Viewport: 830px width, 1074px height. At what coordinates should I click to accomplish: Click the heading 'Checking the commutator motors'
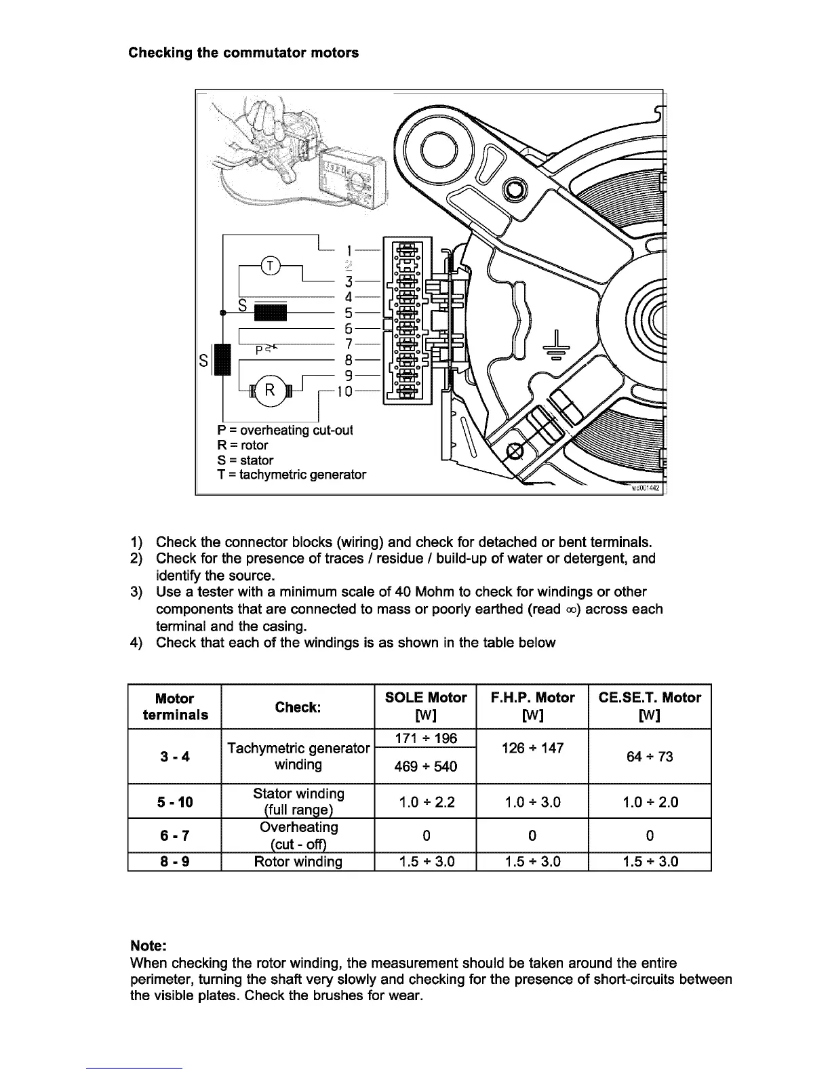coord(243,52)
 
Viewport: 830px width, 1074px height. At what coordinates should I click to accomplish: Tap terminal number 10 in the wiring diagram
coord(345,391)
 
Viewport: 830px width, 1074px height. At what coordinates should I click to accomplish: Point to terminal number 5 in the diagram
coord(347,313)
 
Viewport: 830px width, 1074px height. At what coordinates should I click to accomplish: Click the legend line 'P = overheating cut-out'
coord(285,431)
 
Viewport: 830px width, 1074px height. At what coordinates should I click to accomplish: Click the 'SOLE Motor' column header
coord(425,698)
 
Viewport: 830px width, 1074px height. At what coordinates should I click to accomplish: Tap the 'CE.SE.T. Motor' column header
coord(650,698)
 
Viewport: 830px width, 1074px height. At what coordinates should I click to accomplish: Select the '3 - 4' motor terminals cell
coord(175,756)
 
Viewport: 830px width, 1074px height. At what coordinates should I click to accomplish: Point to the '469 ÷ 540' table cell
coord(425,766)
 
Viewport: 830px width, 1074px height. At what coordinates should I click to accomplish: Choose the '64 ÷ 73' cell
coord(650,756)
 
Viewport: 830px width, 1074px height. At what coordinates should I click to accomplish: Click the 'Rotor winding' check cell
coord(298,862)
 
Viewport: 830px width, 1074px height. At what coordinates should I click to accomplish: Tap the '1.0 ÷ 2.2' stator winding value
coord(425,802)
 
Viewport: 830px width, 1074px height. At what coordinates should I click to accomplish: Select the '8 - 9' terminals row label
coord(175,862)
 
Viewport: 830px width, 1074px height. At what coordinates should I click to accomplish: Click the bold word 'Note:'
coord(148,946)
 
